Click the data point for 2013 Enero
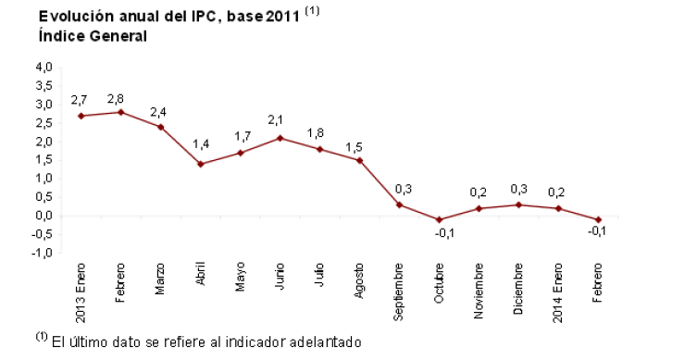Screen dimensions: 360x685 pos(81,116)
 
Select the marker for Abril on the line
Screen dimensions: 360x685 pos(201,164)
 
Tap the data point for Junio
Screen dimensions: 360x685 pos(280,138)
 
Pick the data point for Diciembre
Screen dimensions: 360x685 pos(517,205)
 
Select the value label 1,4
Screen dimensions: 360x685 pos(201,145)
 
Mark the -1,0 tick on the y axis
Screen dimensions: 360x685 pos(44,253)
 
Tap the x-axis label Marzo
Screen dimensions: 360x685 pos(160,279)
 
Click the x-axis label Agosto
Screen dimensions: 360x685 pos(359,280)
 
